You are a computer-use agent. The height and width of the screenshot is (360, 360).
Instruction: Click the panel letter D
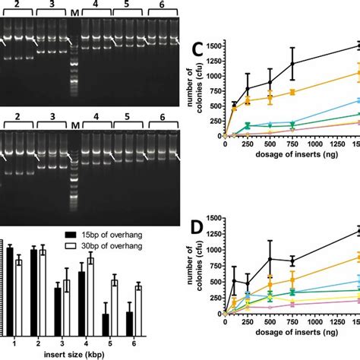point(196,229)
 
